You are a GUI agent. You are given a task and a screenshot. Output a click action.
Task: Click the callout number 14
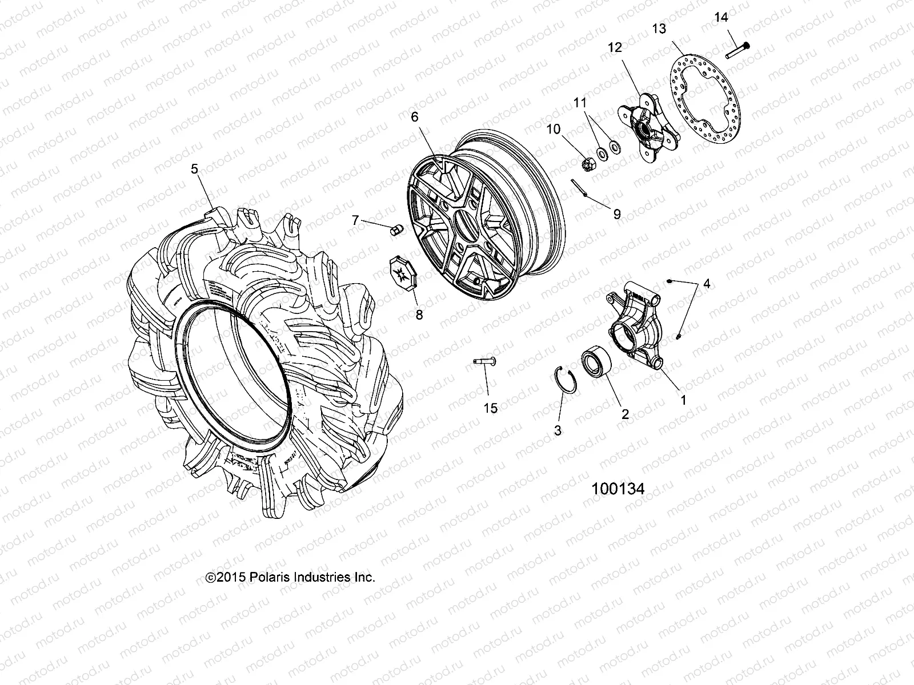(721, 18)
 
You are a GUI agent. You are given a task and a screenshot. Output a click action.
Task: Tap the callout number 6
(414, 117)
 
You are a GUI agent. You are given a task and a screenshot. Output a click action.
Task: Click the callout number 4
(707, 284)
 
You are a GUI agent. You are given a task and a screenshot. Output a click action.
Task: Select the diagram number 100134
(618, 489)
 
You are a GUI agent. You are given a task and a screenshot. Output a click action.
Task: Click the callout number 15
(490, 408)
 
